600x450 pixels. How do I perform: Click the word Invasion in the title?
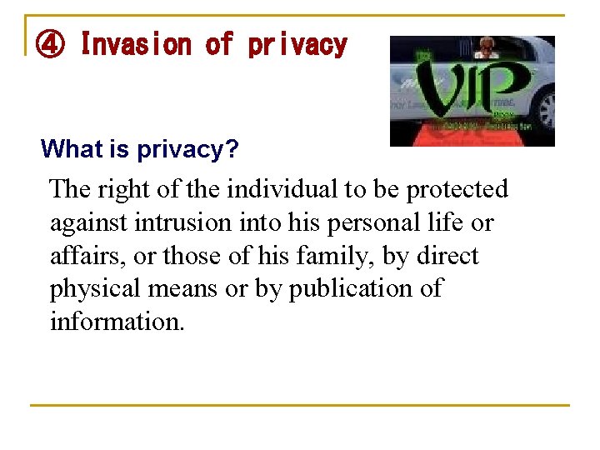point(137,44)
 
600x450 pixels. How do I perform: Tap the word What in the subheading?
point(70,149)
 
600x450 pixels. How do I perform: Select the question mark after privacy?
point(233,149)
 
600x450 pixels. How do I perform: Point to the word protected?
point(457,190)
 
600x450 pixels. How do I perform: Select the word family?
point(337,256)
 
